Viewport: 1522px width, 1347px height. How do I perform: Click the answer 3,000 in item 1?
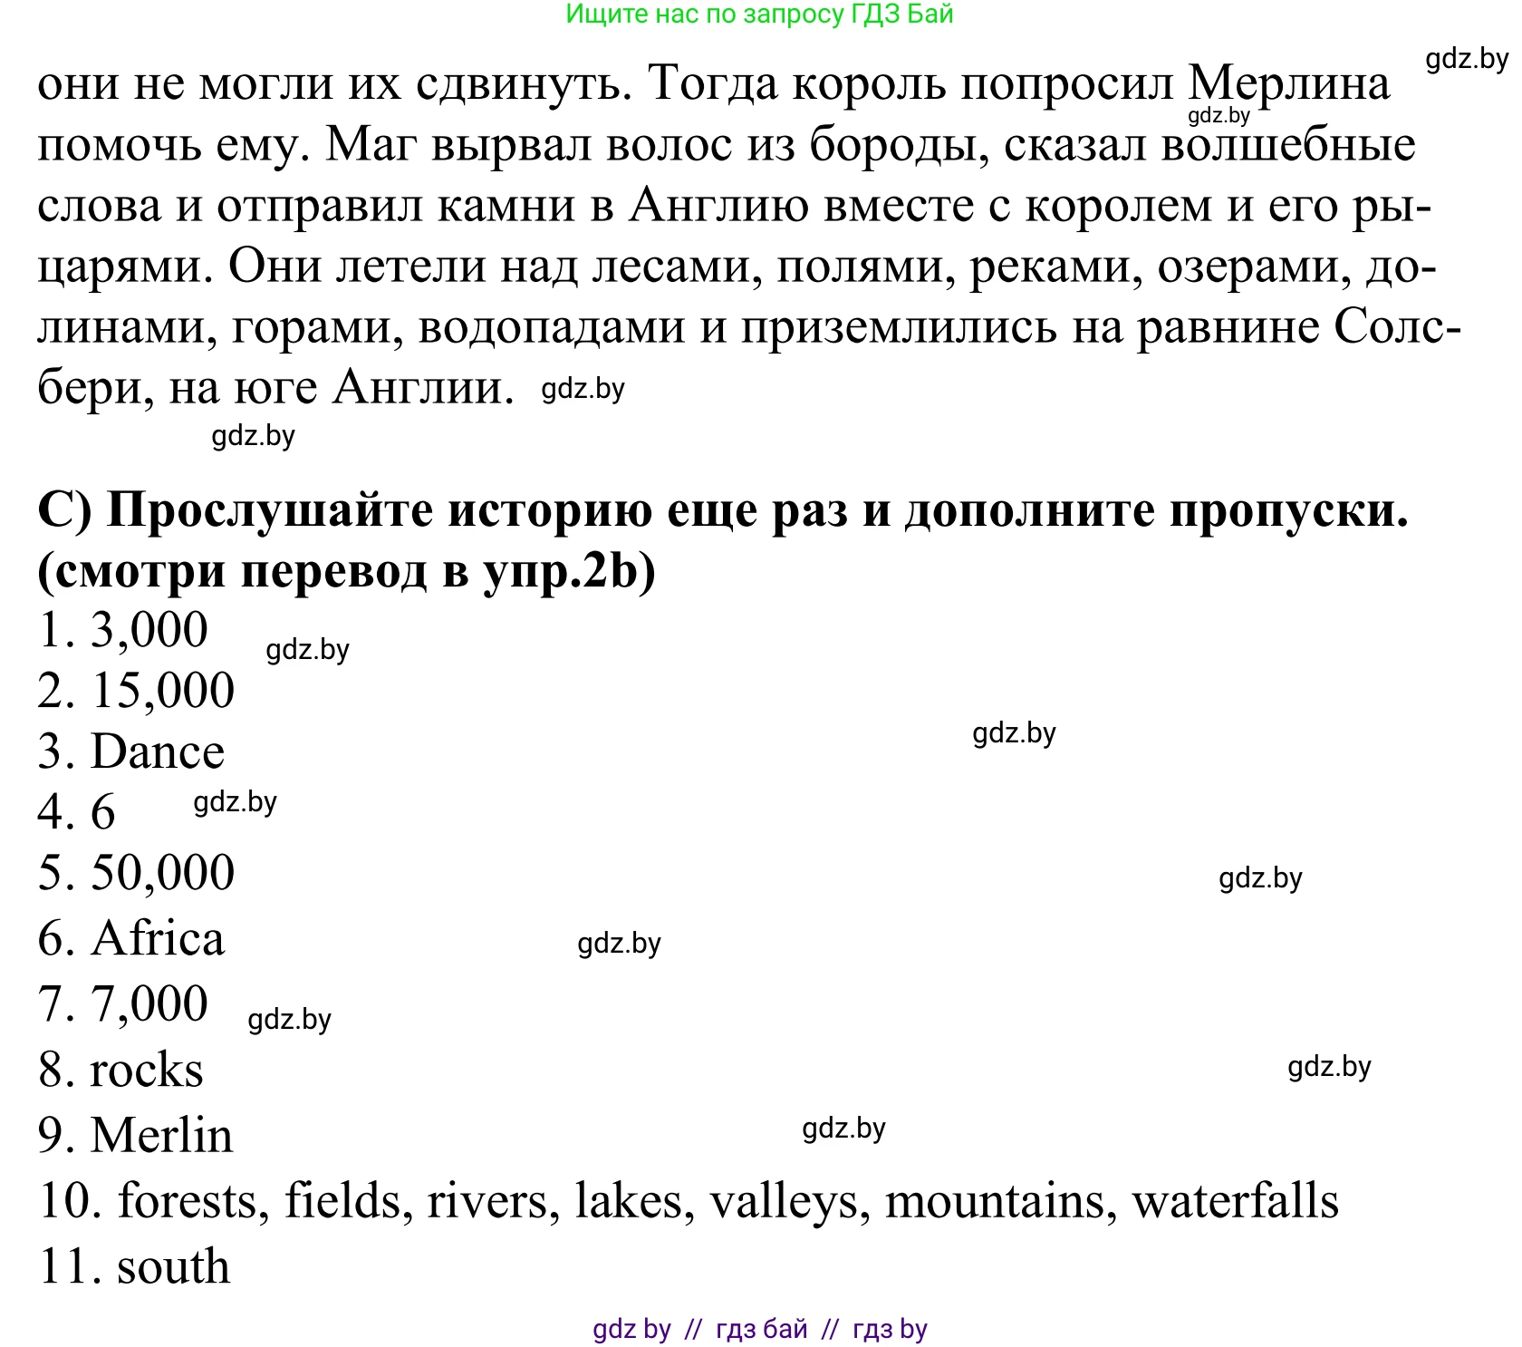coord(149,630)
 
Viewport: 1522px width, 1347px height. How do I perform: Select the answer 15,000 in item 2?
coord(162,691)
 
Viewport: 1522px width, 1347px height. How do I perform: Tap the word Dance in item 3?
coord(157,751)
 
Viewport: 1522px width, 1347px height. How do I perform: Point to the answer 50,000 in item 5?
coord(162,873)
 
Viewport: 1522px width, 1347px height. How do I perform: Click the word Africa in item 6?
coord(157,938)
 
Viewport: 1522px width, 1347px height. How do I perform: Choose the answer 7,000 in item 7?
coord(149,1004)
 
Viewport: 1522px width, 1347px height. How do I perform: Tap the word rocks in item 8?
coord(146,1071)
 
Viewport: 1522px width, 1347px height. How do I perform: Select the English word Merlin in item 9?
coord(161,1136)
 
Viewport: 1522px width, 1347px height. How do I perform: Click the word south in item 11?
coord(173,1267)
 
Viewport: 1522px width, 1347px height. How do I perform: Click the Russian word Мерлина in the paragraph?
coord(1288,83)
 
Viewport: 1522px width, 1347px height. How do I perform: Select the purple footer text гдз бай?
coord(761,1329)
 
